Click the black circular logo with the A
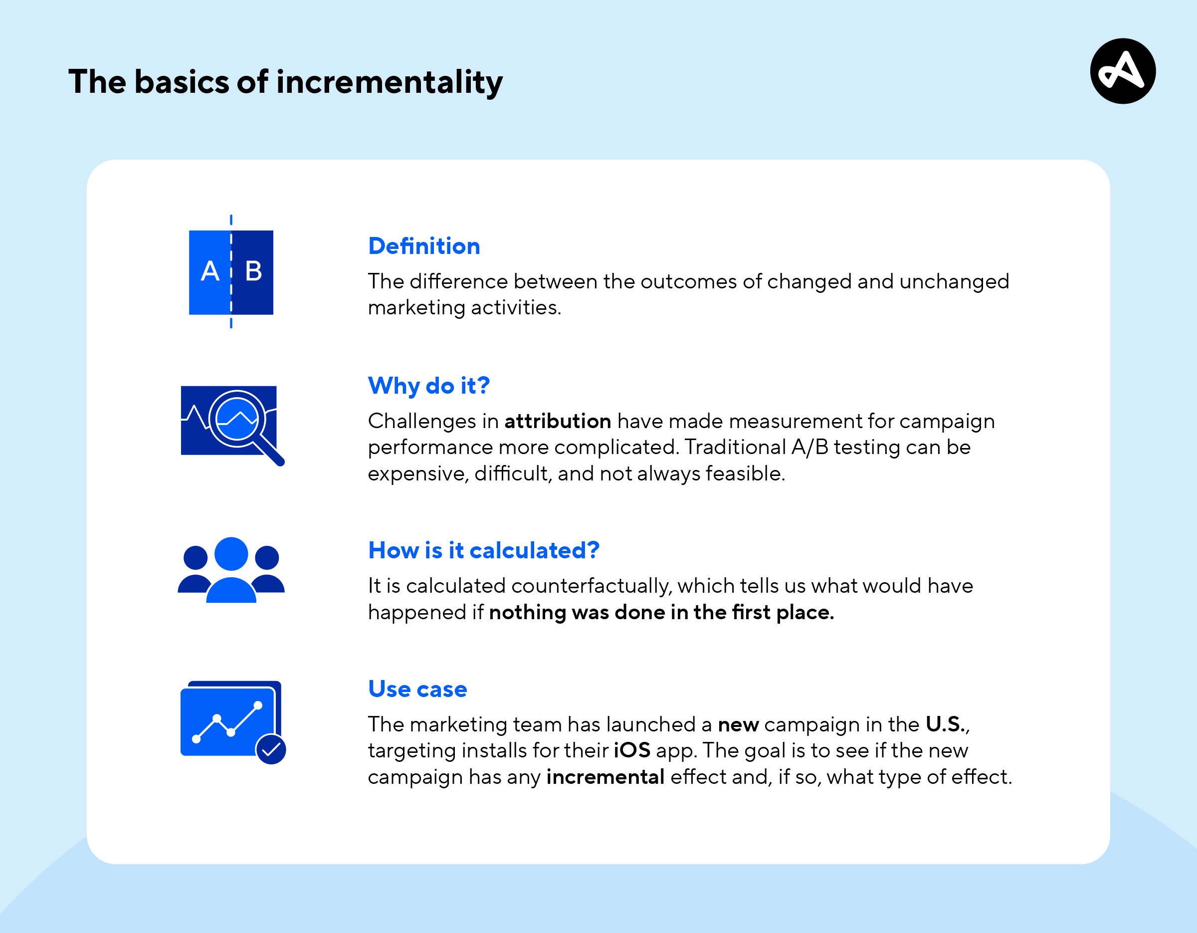click(x=1123, y=71)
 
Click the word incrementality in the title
click(x=389, y=82)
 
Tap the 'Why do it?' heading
click(x=428, y=386)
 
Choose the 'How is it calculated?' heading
click(x=484, y=550)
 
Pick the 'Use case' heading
click(x=417, y=689)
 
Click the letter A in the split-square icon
click(x=210, y=271)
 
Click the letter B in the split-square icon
click(x=253, y=271)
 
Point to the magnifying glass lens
click(x=237, y=419)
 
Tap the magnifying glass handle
click(x=270, y=451)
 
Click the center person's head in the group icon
click(x=231, y=554)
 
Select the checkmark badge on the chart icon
click(x=271, y=749)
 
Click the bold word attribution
click(x=558, y=421)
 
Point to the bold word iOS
click(x=632, y=750)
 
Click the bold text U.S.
click(x=946, y=724)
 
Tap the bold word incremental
click(x=605, y=777)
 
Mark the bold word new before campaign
click(x=738, y=724)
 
